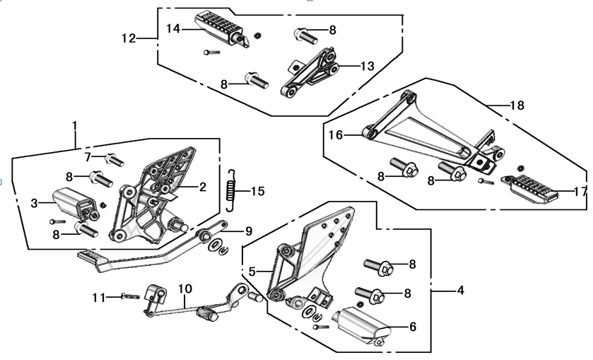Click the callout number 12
[x=129, y=38]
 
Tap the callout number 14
[x=174, y=28]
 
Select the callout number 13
[x=367, y=66]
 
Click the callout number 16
[x=334, y=134]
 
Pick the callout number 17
[x=580, y=191]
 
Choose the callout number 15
[x=257, y=191]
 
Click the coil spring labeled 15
[x=230, y=190]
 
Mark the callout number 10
[x=184, y=289]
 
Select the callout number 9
[x=248, y=231]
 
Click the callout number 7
[x=88, y=156]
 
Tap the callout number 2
[x=202, y=187]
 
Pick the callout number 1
[x=75, y=126]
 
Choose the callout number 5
[x=251, y=271]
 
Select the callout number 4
[x=460, y=290]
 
